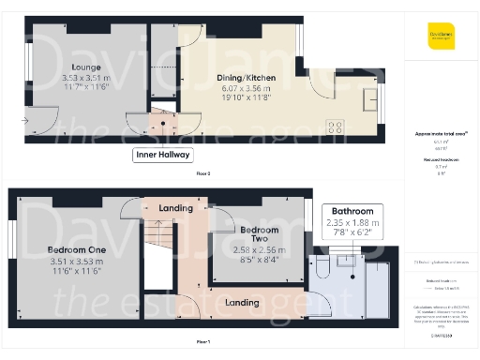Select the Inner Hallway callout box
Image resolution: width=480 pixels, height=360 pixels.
tap(162, 155)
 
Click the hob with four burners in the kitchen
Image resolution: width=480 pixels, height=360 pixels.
tap(336, 127)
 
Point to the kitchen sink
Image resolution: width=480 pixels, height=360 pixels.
tap(371, 97)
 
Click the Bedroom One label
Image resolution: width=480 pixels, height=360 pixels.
tap(77, 250)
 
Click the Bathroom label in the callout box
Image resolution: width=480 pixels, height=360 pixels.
tap(351, 211)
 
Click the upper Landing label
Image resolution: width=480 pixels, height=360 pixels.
tap(175, 207)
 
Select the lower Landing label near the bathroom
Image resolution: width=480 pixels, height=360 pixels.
tap(243, 302)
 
